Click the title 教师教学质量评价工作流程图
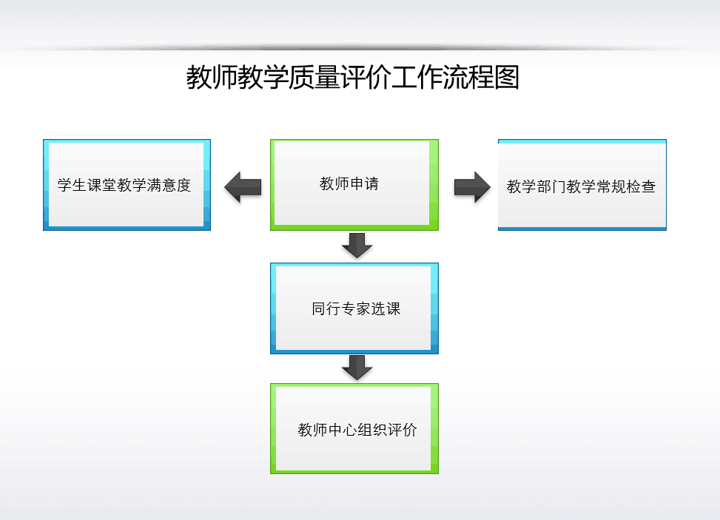pyautogui.click(x=352, y=78)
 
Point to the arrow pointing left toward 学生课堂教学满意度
pyautogui.click(x=243, y=186)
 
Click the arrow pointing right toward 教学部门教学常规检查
pyautogui.click(x=473, y=186)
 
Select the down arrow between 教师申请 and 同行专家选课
pyautogui.click(x=357, y=245)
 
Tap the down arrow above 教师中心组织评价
pyautogui.click(x=357, y=367)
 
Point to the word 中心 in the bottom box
pyautogui.click(x=342, y=430)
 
